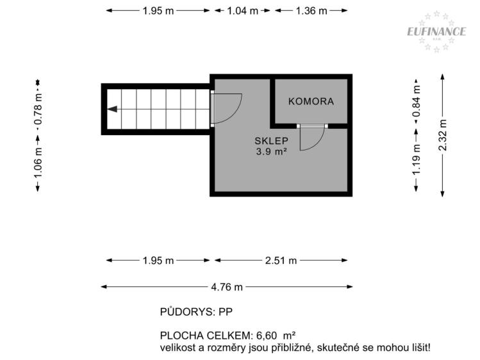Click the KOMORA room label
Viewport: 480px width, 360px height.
click(311, 101)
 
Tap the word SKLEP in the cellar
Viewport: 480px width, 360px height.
click(271, 141)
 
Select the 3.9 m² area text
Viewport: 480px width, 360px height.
click(271, 152)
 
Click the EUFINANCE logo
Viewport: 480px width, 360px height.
click(436, 31)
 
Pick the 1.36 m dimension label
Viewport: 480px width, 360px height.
click(311, 11)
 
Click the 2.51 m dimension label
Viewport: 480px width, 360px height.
click(281, 260)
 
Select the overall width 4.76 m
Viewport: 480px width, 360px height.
click(228, 287)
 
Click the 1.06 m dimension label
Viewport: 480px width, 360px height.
click(38, 160)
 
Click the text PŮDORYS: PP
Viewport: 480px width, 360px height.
click(196, 313)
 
